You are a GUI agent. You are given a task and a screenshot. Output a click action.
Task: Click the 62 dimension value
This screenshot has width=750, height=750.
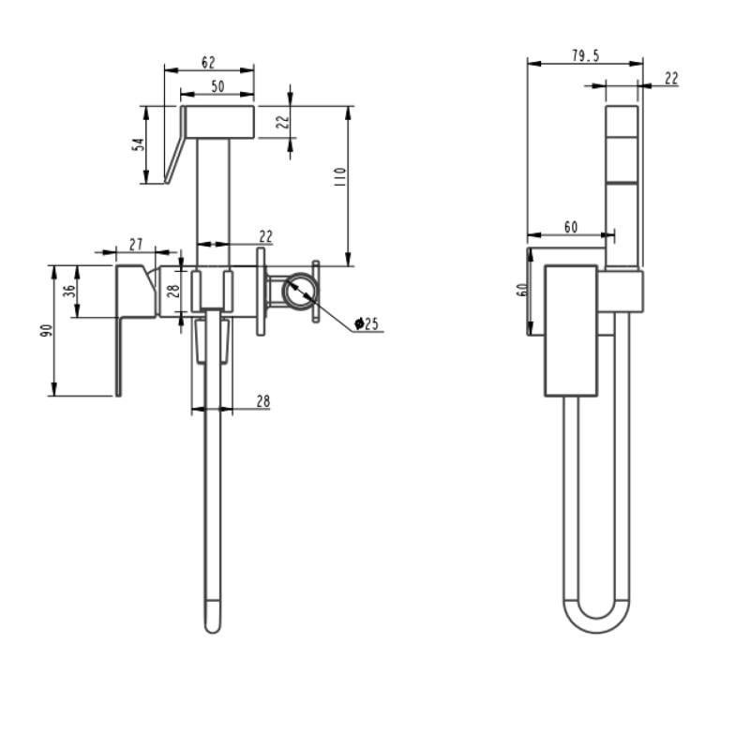coord(208,63)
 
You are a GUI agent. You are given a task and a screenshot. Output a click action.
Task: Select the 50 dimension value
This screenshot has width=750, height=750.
coord(217,86)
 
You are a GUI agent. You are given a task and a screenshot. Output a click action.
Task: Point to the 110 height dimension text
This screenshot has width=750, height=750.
coord(339,176)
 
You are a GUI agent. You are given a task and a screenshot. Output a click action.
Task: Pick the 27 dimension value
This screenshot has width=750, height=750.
coord(136,244)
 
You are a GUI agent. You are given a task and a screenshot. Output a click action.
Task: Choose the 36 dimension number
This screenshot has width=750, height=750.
coord(68,292)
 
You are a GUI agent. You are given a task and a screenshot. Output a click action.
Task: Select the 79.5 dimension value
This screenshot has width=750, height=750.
coord(585,56)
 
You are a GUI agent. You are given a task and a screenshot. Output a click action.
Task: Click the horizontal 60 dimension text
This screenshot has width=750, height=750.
coord(570,227)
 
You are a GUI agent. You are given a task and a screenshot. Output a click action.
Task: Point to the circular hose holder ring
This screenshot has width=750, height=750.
coord(300,290)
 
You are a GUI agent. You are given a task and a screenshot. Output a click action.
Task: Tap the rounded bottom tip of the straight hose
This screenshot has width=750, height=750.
coord(213,622)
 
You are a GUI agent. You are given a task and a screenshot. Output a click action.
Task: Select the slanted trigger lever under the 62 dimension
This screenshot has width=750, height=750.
coord(175,146)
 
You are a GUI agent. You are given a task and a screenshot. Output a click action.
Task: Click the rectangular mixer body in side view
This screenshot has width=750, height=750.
coord(571,330)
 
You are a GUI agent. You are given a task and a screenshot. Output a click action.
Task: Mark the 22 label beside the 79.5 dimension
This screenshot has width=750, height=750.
coord(670,79)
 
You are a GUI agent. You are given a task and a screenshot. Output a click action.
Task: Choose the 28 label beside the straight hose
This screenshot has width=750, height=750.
coord(262,400)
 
